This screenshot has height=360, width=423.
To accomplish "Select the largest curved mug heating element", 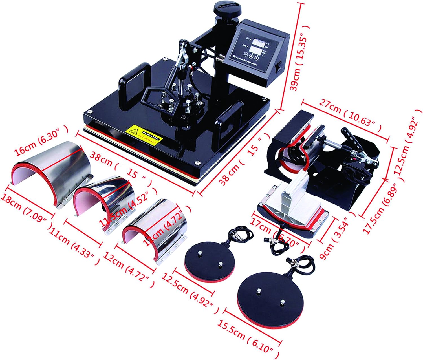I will tap(52, 169).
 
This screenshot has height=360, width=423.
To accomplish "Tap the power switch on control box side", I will tap(277, 68).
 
